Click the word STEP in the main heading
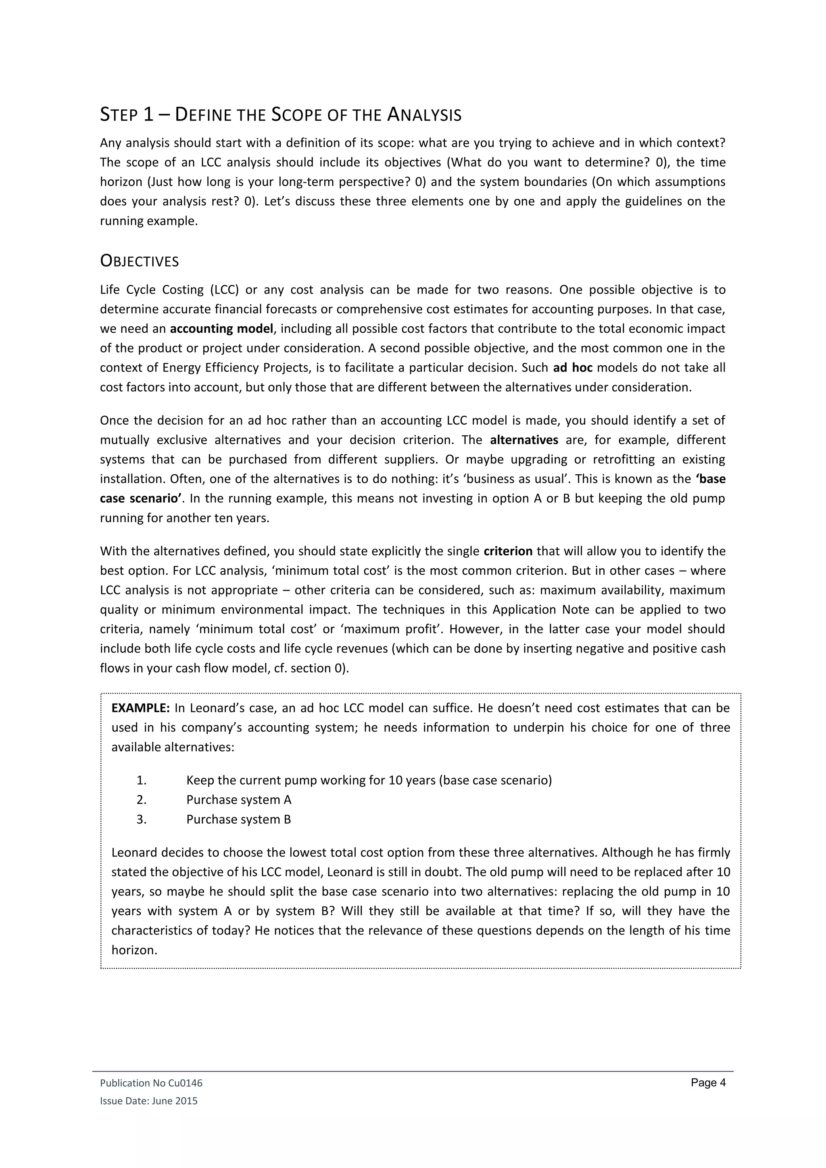119,115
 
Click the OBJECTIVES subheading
140,261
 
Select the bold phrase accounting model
221,329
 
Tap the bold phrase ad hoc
572,368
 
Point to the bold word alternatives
524,440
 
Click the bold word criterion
508,551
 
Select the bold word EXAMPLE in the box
140,708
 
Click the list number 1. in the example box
142,780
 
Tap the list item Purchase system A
238,800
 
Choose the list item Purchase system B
238,819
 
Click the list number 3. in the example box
142,819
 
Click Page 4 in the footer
707,1082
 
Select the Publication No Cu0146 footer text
151,1083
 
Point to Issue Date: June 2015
148,1101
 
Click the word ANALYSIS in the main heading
424,115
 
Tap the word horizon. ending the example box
134,950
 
